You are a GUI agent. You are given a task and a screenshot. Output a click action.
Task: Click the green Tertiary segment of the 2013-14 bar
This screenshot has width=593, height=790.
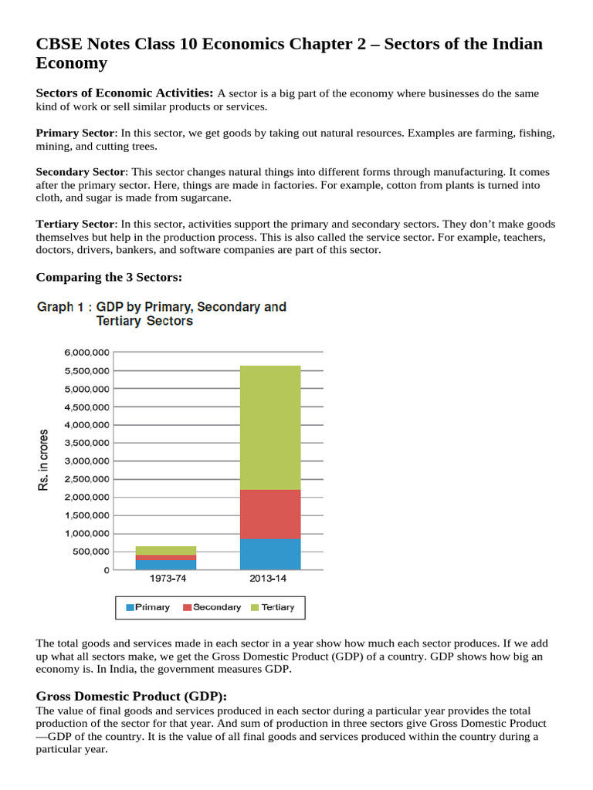tap(270, 427)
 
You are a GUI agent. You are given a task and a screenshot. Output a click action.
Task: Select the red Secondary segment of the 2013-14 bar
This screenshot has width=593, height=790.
tap(270, 514)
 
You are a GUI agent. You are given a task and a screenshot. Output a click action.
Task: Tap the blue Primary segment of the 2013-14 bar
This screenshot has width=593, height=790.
tap(270, 554)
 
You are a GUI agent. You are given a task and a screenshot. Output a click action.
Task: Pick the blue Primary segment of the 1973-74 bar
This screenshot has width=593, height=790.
tap(166, 565)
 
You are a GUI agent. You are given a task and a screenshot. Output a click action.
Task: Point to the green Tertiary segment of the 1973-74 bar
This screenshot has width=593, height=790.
tap(166, 550)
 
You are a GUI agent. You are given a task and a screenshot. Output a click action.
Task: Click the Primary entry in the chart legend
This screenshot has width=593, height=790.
tap(147, 607)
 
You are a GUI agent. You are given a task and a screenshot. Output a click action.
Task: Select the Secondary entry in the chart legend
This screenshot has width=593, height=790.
tap(212, 607)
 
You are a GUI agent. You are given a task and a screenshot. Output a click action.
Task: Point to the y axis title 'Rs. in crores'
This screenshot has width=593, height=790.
tap(43, 460)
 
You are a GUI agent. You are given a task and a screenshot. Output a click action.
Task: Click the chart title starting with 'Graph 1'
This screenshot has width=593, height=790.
tap(161, 313)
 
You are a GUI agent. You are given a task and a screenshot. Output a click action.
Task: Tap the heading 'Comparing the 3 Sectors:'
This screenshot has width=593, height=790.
tap(109, 277)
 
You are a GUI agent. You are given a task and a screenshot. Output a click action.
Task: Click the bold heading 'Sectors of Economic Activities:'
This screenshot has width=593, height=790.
tap(124, 93)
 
